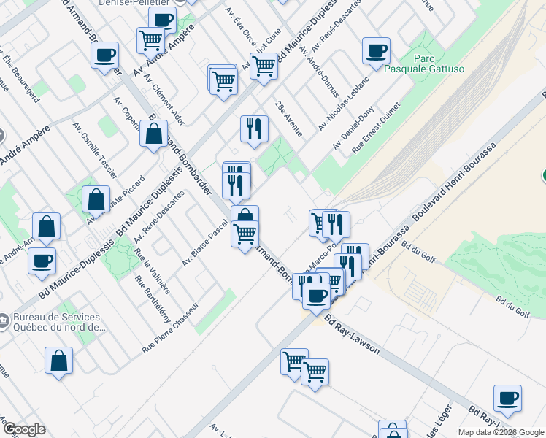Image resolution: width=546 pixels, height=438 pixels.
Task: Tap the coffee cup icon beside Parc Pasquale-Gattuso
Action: [377, 51]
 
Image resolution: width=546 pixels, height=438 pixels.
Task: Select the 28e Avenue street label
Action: [289, 118]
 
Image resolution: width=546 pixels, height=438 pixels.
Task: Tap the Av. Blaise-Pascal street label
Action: [206, 245]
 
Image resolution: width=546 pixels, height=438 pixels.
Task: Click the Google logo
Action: [24, 429]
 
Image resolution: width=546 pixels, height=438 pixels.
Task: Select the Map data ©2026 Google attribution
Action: [501, 432]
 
